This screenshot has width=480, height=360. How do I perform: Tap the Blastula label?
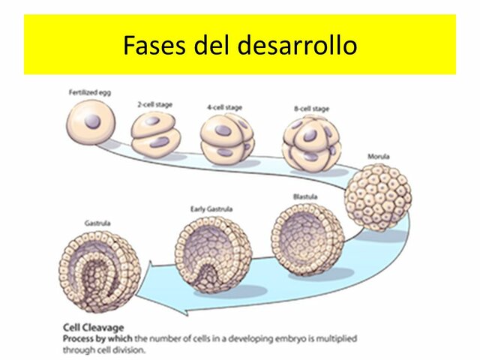pos(305,196)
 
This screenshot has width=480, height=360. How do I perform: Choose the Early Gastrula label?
pos(208,208)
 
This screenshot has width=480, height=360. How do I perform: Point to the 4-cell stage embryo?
pos(227,139)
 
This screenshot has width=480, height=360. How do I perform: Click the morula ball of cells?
pos(379,196)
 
